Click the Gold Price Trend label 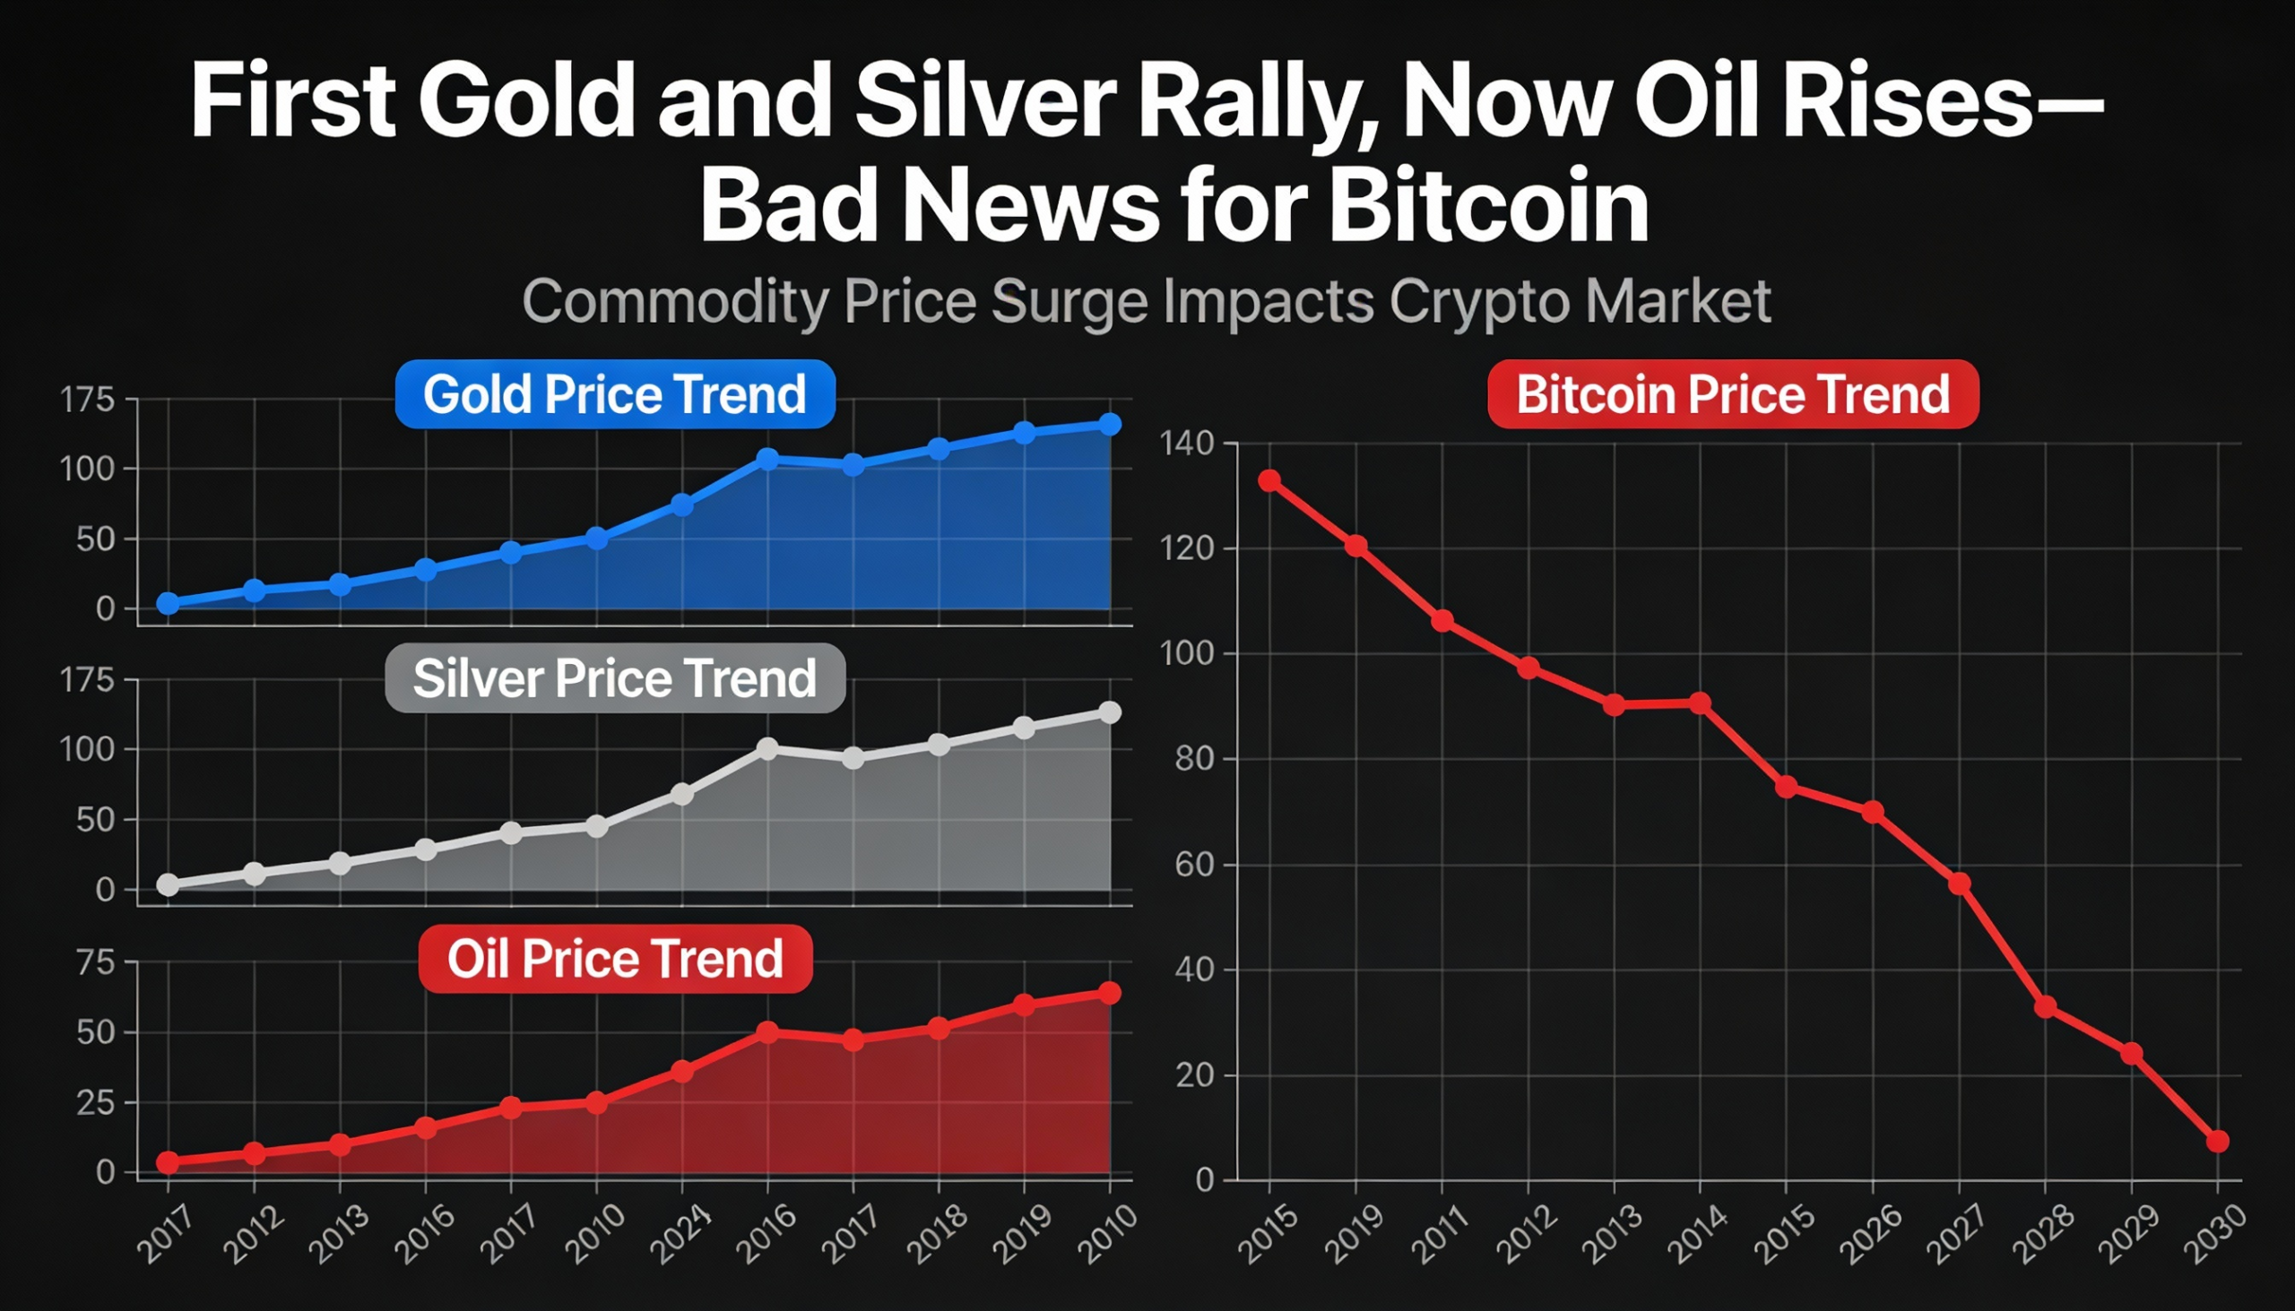point(614,394)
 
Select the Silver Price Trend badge point(614,678)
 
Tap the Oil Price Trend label point(614,958)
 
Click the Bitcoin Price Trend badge point(1732,394)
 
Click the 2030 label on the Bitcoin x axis point(2215,1235)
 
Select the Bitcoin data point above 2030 point(2218,1141)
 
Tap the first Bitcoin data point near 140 point(1269,480)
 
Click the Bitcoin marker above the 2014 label point(1700,703)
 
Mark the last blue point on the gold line point(1110,424)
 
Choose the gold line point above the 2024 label point(682,505)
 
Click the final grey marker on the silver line point(1110,712)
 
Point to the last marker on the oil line point(1110,992)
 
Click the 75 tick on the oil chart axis point(95,962)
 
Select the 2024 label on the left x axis point(680,1235)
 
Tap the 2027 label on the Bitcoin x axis point(1957,1235)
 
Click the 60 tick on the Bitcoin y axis point(1193,866)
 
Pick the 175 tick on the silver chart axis point(87,680)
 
